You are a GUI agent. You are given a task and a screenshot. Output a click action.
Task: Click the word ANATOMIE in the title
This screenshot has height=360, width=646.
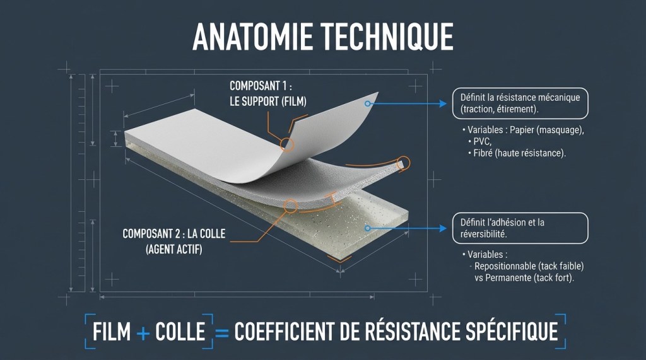[252, 37]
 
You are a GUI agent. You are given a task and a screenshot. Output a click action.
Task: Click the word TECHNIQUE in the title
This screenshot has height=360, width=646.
[387, 37]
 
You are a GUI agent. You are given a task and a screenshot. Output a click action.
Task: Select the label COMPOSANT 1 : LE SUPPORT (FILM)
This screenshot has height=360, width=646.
[267, 93]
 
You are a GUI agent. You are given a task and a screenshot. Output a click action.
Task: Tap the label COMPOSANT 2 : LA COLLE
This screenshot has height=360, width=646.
[174, 234]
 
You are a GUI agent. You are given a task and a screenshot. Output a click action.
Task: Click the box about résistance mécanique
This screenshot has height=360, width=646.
[520, 103]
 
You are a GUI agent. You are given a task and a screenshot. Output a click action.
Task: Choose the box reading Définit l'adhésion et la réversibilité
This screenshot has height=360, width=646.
[520, 228]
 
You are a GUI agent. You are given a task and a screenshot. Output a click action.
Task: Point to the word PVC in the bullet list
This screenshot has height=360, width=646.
[482, 142]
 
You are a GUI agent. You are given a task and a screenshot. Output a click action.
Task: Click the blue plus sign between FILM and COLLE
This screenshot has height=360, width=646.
[143, 332]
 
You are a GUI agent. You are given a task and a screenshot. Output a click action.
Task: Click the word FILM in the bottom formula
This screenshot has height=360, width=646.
[111, 332]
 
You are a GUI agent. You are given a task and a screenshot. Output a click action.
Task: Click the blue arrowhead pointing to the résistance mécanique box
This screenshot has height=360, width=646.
[443, 104]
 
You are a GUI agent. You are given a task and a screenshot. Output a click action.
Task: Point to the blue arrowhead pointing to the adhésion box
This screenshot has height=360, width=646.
[443, 228]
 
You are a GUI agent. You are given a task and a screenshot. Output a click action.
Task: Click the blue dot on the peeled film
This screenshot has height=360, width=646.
[368, 104]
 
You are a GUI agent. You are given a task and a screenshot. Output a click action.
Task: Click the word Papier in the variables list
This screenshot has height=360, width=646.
[521, 130]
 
